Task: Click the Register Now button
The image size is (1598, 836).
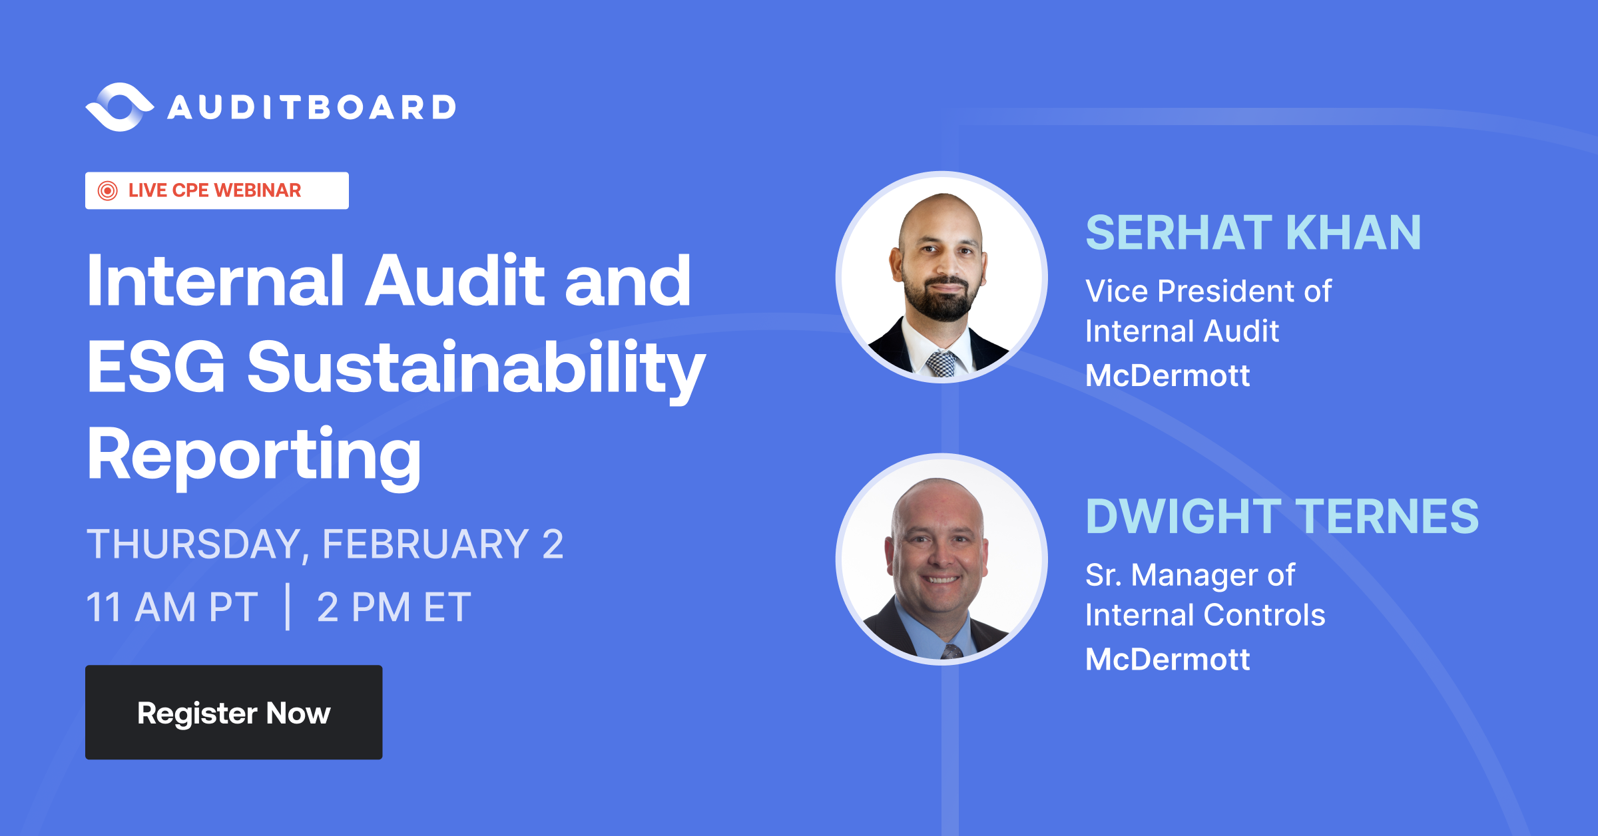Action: coord(234,712)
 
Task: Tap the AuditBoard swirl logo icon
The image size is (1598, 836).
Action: coord(120,107)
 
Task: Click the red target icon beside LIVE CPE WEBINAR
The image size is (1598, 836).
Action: coord(107,191)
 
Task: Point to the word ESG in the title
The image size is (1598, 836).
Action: coord(156,367)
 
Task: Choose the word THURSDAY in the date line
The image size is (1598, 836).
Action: coord(194,544)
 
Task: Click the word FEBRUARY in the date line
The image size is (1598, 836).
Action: coord(425,544)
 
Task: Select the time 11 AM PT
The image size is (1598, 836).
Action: coord(172,608)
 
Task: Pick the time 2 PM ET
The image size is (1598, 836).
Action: coord(394,608)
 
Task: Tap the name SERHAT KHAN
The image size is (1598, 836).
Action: coord(1253,233)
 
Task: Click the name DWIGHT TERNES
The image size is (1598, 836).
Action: coord(1282,517)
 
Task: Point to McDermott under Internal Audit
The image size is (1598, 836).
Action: coord(1167,376)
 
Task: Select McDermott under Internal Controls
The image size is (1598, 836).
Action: coord(1167,660)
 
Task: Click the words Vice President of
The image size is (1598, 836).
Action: coord(1208,292)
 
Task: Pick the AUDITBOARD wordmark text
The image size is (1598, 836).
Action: coord(312,108)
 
